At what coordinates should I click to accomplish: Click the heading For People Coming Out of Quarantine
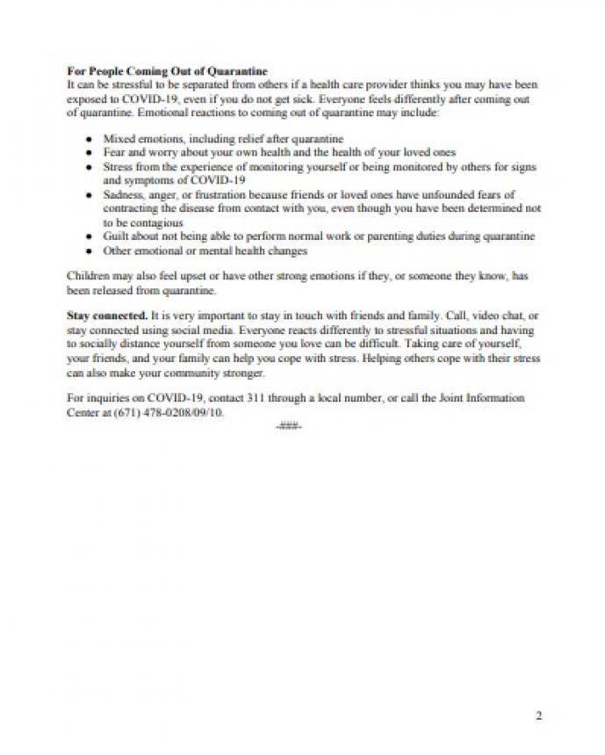pos(167,71)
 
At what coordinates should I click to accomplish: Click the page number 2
pos(538,715)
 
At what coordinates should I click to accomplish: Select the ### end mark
pos(288,426)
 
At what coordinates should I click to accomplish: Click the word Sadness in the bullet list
pos(123,194)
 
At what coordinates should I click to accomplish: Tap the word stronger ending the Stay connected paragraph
pos(242,373)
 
